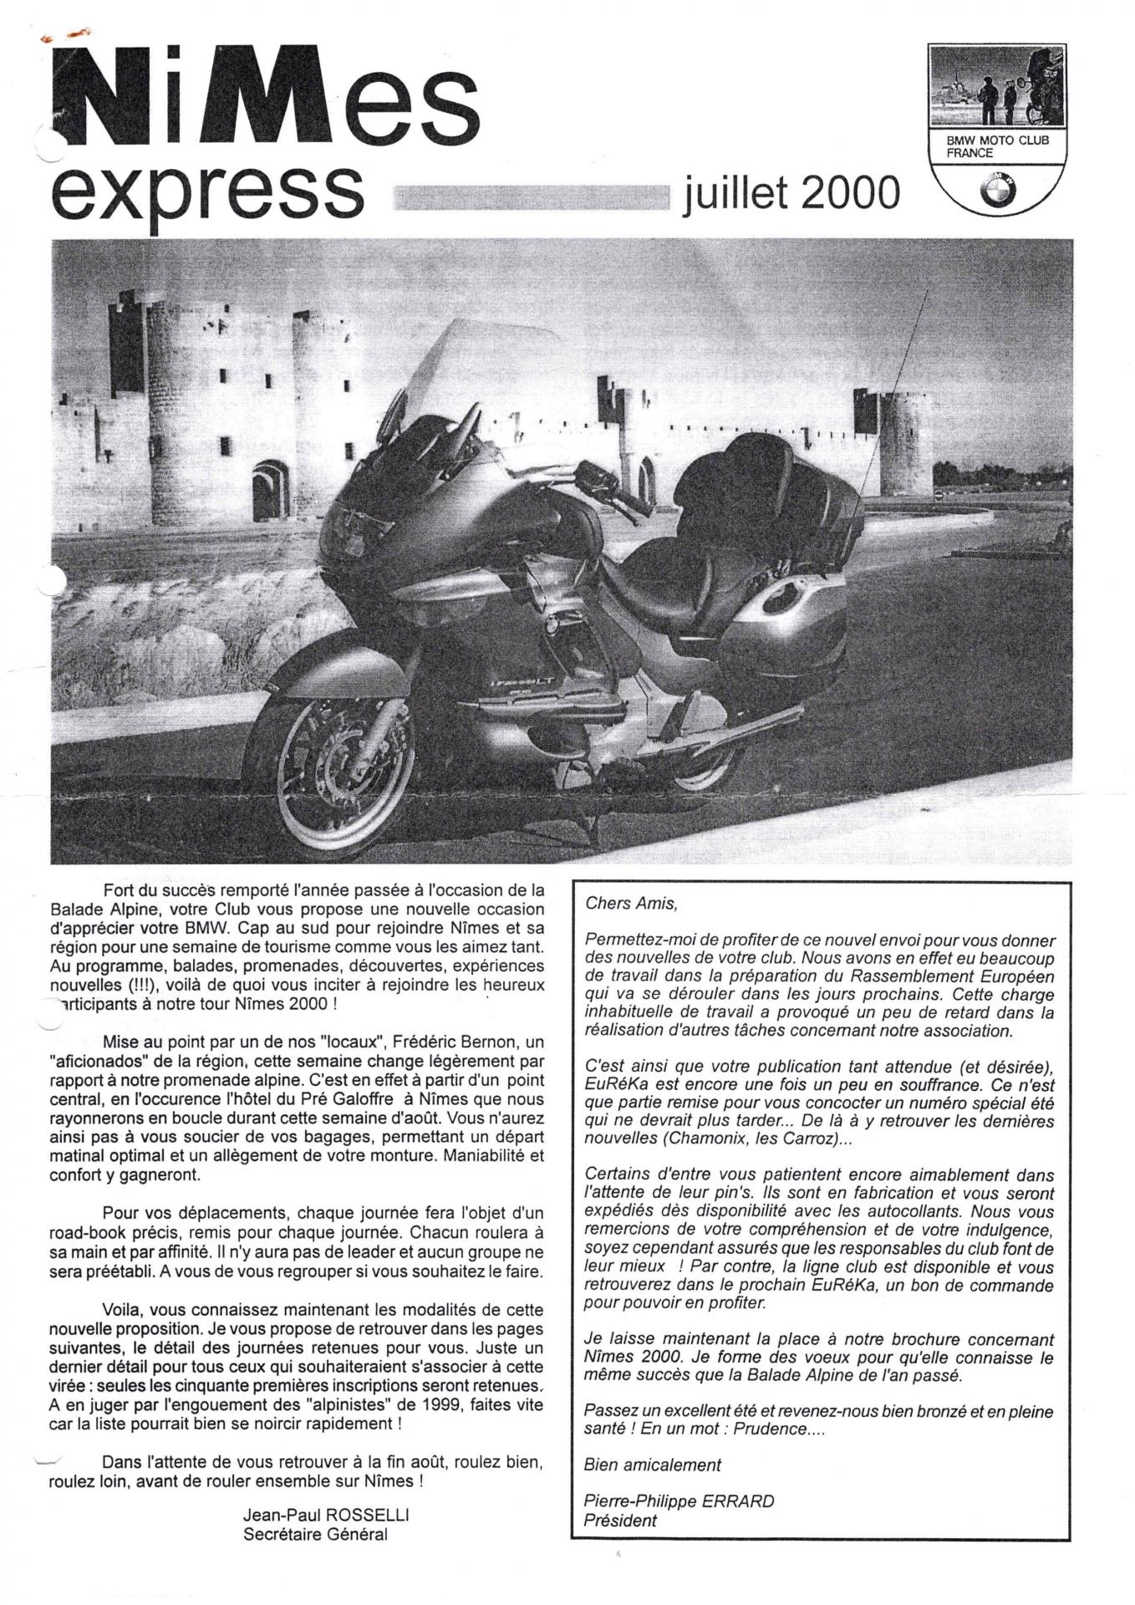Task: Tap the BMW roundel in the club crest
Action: point(997,187)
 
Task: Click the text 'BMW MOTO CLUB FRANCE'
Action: point(996,146)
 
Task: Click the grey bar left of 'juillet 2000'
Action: point(532,196)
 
